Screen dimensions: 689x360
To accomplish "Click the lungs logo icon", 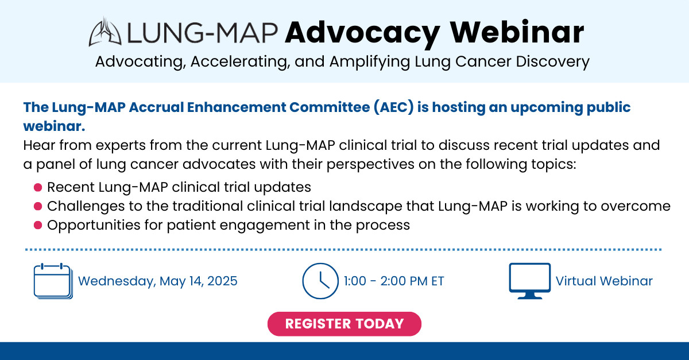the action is coord(105,32).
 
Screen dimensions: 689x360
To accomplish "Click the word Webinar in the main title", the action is coord(517,32).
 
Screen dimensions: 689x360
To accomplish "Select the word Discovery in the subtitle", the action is coord(552,61).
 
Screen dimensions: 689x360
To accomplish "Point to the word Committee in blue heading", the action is coord(330,107).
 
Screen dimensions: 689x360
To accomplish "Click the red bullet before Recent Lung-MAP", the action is coord(38,187).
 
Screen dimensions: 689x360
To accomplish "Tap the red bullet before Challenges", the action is coord(38,206).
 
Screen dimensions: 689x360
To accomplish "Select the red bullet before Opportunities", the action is coord(38,225).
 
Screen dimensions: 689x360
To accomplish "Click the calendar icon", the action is coord(53,281).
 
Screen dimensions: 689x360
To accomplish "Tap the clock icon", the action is coord(320,281).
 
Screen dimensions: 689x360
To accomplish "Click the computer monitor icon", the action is coord(529,281).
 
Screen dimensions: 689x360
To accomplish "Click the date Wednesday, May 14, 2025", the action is coord(158,281).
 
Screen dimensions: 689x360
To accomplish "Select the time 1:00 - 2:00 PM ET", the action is coord(394,281).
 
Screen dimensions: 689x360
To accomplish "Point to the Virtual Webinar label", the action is coord(604,281).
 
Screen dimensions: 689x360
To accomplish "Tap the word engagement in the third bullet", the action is coord(265,226).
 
